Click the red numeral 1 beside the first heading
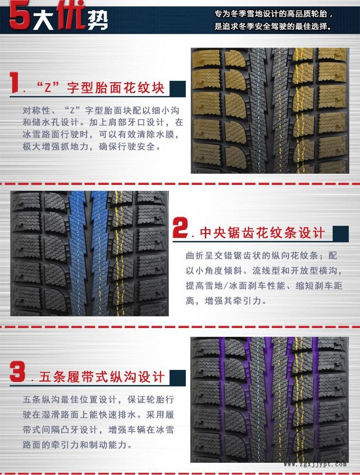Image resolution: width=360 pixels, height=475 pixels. coord(14,82)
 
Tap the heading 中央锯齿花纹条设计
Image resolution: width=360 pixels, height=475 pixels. coord(262,233)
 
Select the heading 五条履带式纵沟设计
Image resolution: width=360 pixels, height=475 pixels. coord(102,377)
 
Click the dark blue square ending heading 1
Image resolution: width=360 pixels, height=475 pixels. coord(178,89)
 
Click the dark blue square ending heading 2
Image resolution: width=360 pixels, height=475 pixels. coord(341,234)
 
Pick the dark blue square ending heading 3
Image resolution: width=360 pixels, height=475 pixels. coord(178,378)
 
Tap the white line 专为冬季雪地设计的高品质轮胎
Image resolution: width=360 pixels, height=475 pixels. coord(274,14)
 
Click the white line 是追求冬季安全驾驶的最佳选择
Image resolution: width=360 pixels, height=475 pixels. coord(272,26)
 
